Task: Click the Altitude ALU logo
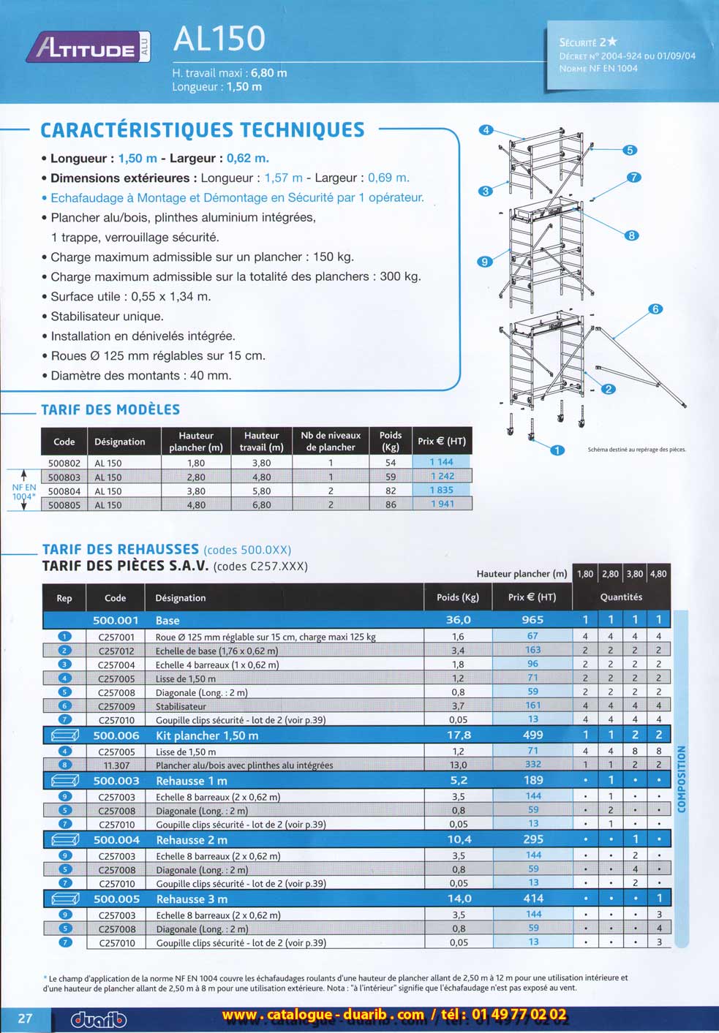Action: point(88,48)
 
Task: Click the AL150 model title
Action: point(219,39)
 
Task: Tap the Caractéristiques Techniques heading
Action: point(202,130)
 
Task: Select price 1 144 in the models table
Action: point(441,462)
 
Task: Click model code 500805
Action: point(64,504)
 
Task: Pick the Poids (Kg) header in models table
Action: point(391,441)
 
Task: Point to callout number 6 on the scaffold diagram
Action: point(655,309)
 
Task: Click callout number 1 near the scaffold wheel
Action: point(557,450)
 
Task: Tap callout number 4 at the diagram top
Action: point(486,130)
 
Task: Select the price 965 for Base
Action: point(532,620)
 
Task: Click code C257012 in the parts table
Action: point(116,651)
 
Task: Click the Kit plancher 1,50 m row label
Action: point(207,735)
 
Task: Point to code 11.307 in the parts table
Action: point(116,765)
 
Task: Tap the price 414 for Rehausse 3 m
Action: point(533,898)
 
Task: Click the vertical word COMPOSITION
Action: point(682,779)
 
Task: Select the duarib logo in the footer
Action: point(99,1019)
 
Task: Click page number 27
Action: point(25,1018)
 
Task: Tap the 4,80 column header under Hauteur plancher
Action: point(658,574)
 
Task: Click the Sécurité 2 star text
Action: point(588,42)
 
